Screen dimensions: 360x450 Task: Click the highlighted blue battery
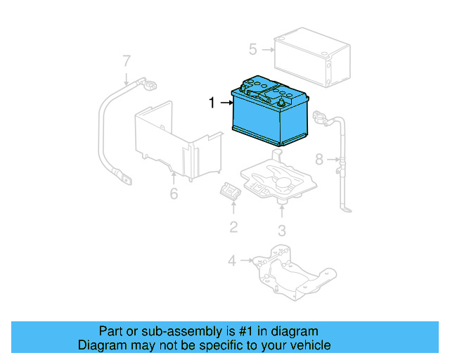(270, 112)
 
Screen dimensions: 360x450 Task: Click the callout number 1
(212, 103)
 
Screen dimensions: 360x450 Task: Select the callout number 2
(233, 226)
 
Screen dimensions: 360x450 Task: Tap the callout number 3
(281, 230)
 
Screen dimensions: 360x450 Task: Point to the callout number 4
(232, 261)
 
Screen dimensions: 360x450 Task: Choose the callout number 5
(253, 49)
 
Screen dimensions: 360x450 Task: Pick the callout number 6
(174, 193)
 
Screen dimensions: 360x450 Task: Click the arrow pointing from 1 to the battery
(225, 103)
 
